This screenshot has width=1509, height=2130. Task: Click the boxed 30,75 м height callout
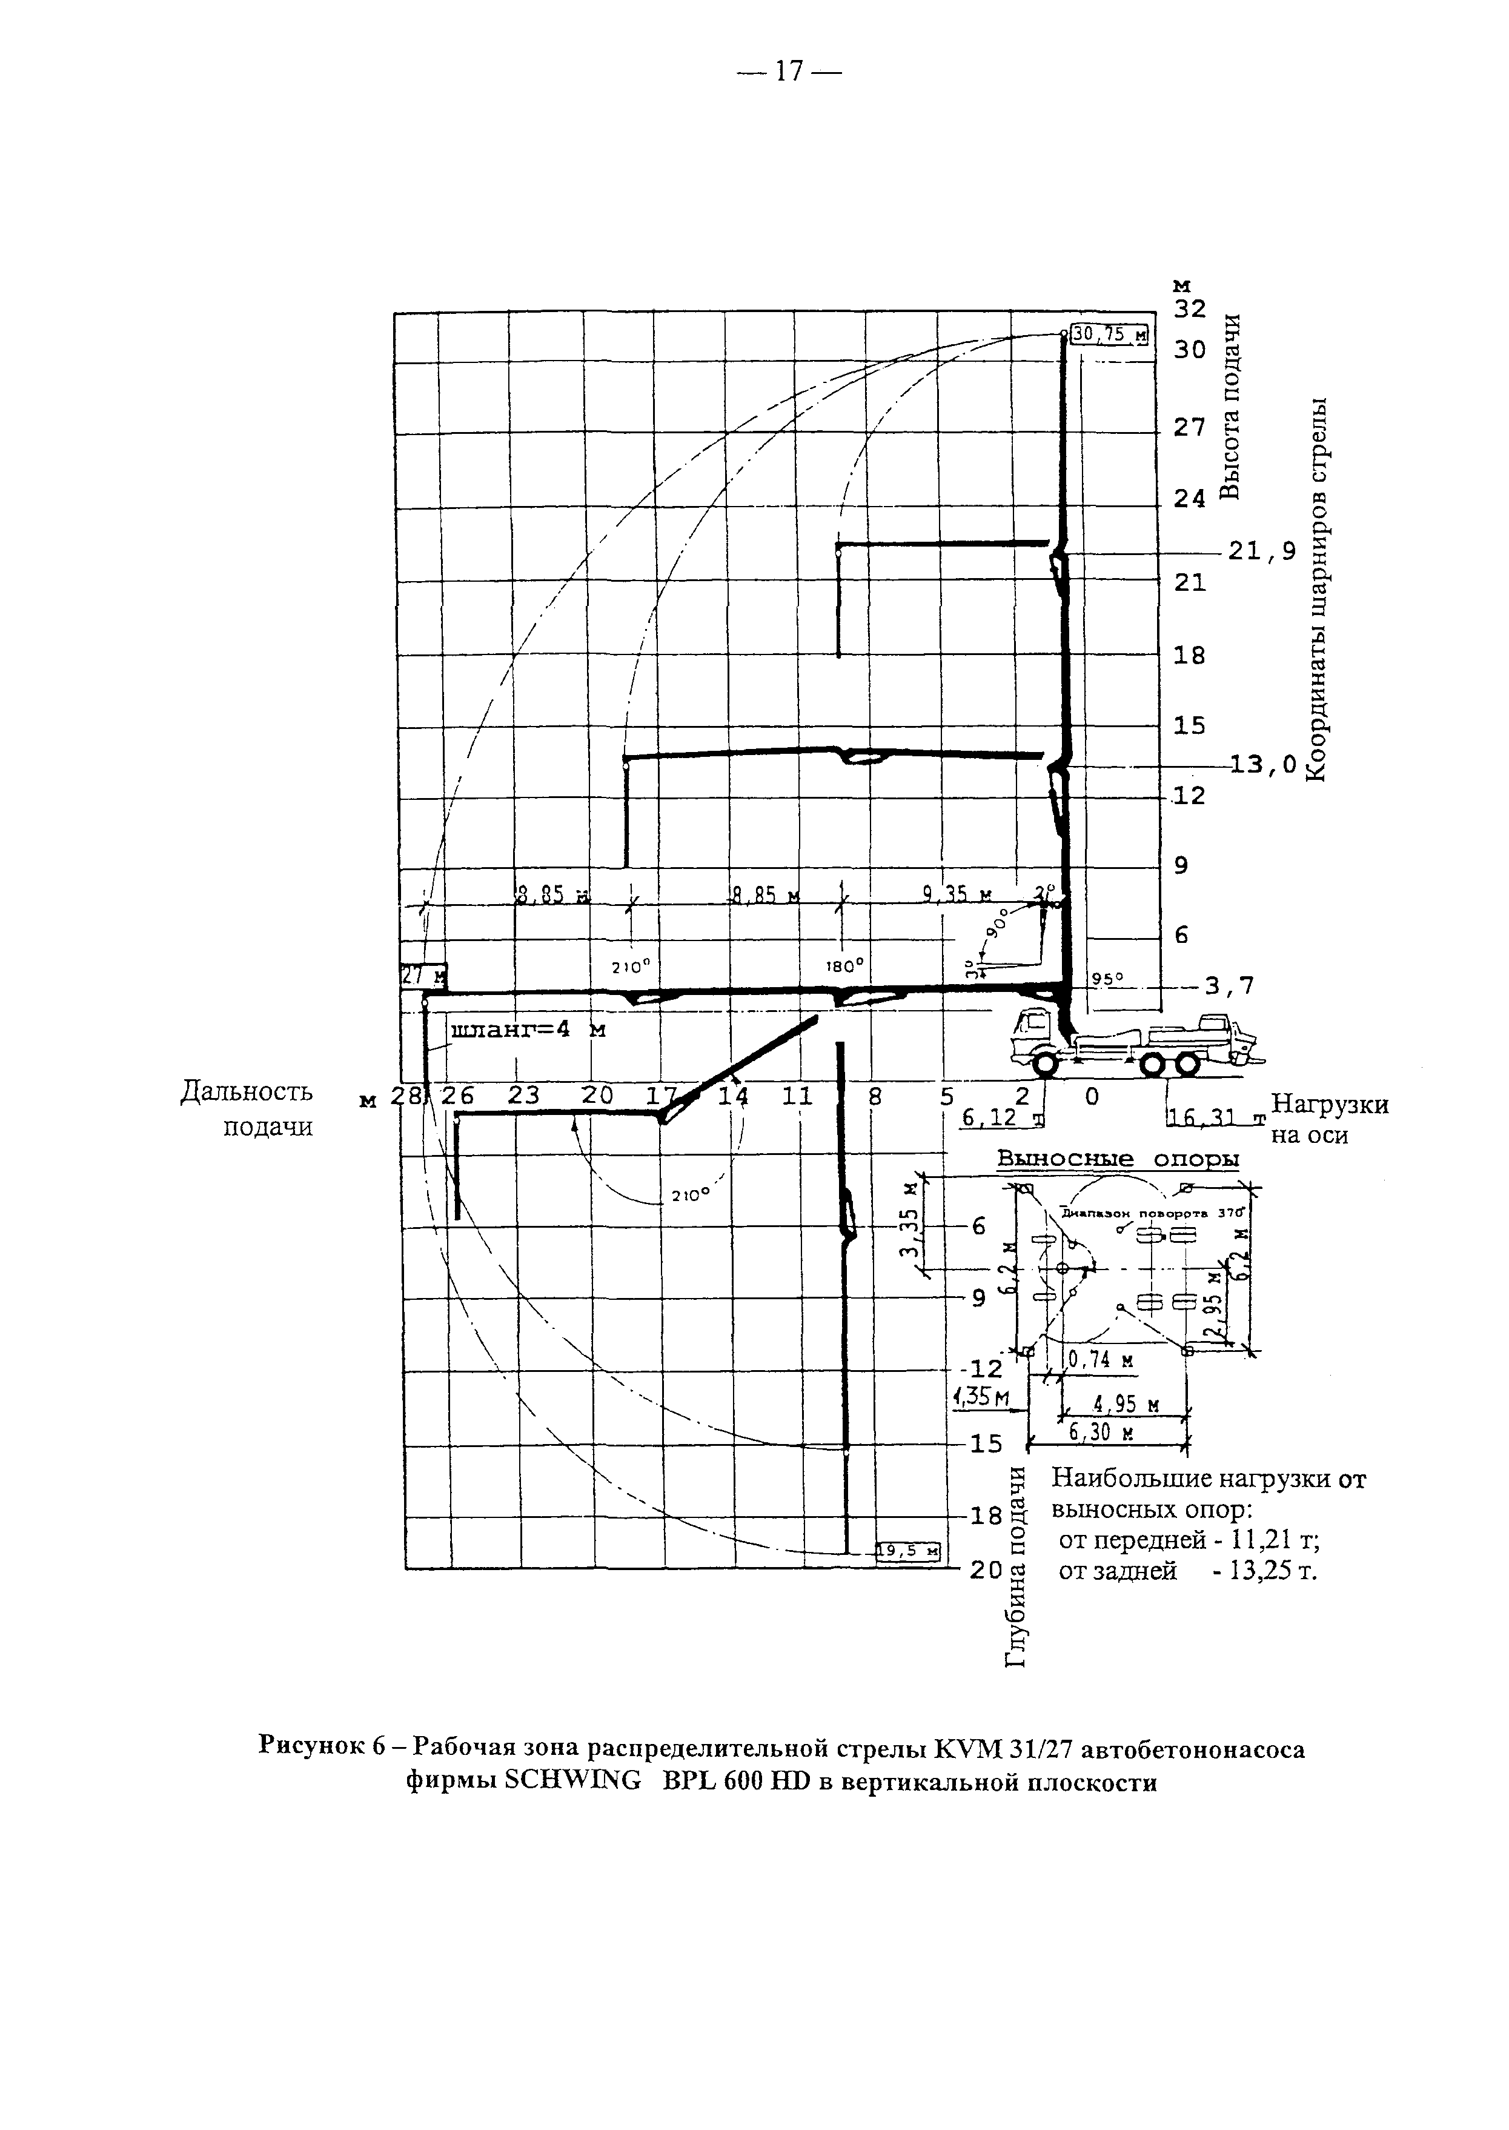[1109, 334]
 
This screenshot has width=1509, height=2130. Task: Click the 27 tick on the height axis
[1189, 427]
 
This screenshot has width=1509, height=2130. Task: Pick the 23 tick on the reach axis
[523, 1097]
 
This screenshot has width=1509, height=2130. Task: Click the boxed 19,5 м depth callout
[909, 1550]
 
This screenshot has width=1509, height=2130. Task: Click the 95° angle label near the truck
[1107, 977]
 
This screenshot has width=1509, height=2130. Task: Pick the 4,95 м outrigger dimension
[1126, 1406]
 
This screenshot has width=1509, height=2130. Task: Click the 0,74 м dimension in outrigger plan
[1101, 1360]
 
